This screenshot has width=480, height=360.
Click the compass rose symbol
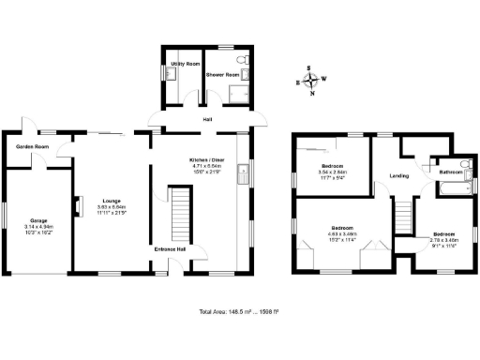pos(311,80)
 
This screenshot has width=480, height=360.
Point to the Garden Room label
pos(32,147)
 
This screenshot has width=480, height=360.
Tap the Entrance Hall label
pos(169,249)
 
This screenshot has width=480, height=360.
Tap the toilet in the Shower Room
pos(242,62)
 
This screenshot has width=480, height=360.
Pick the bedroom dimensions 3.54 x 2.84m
pos(333,173)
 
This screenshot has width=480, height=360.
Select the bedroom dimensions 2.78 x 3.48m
pos(442,240)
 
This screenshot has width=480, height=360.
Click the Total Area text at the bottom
pos(240,310)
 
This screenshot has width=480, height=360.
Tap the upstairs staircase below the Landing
pos(403,215)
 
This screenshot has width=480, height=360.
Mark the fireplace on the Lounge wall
pos(78,205)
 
